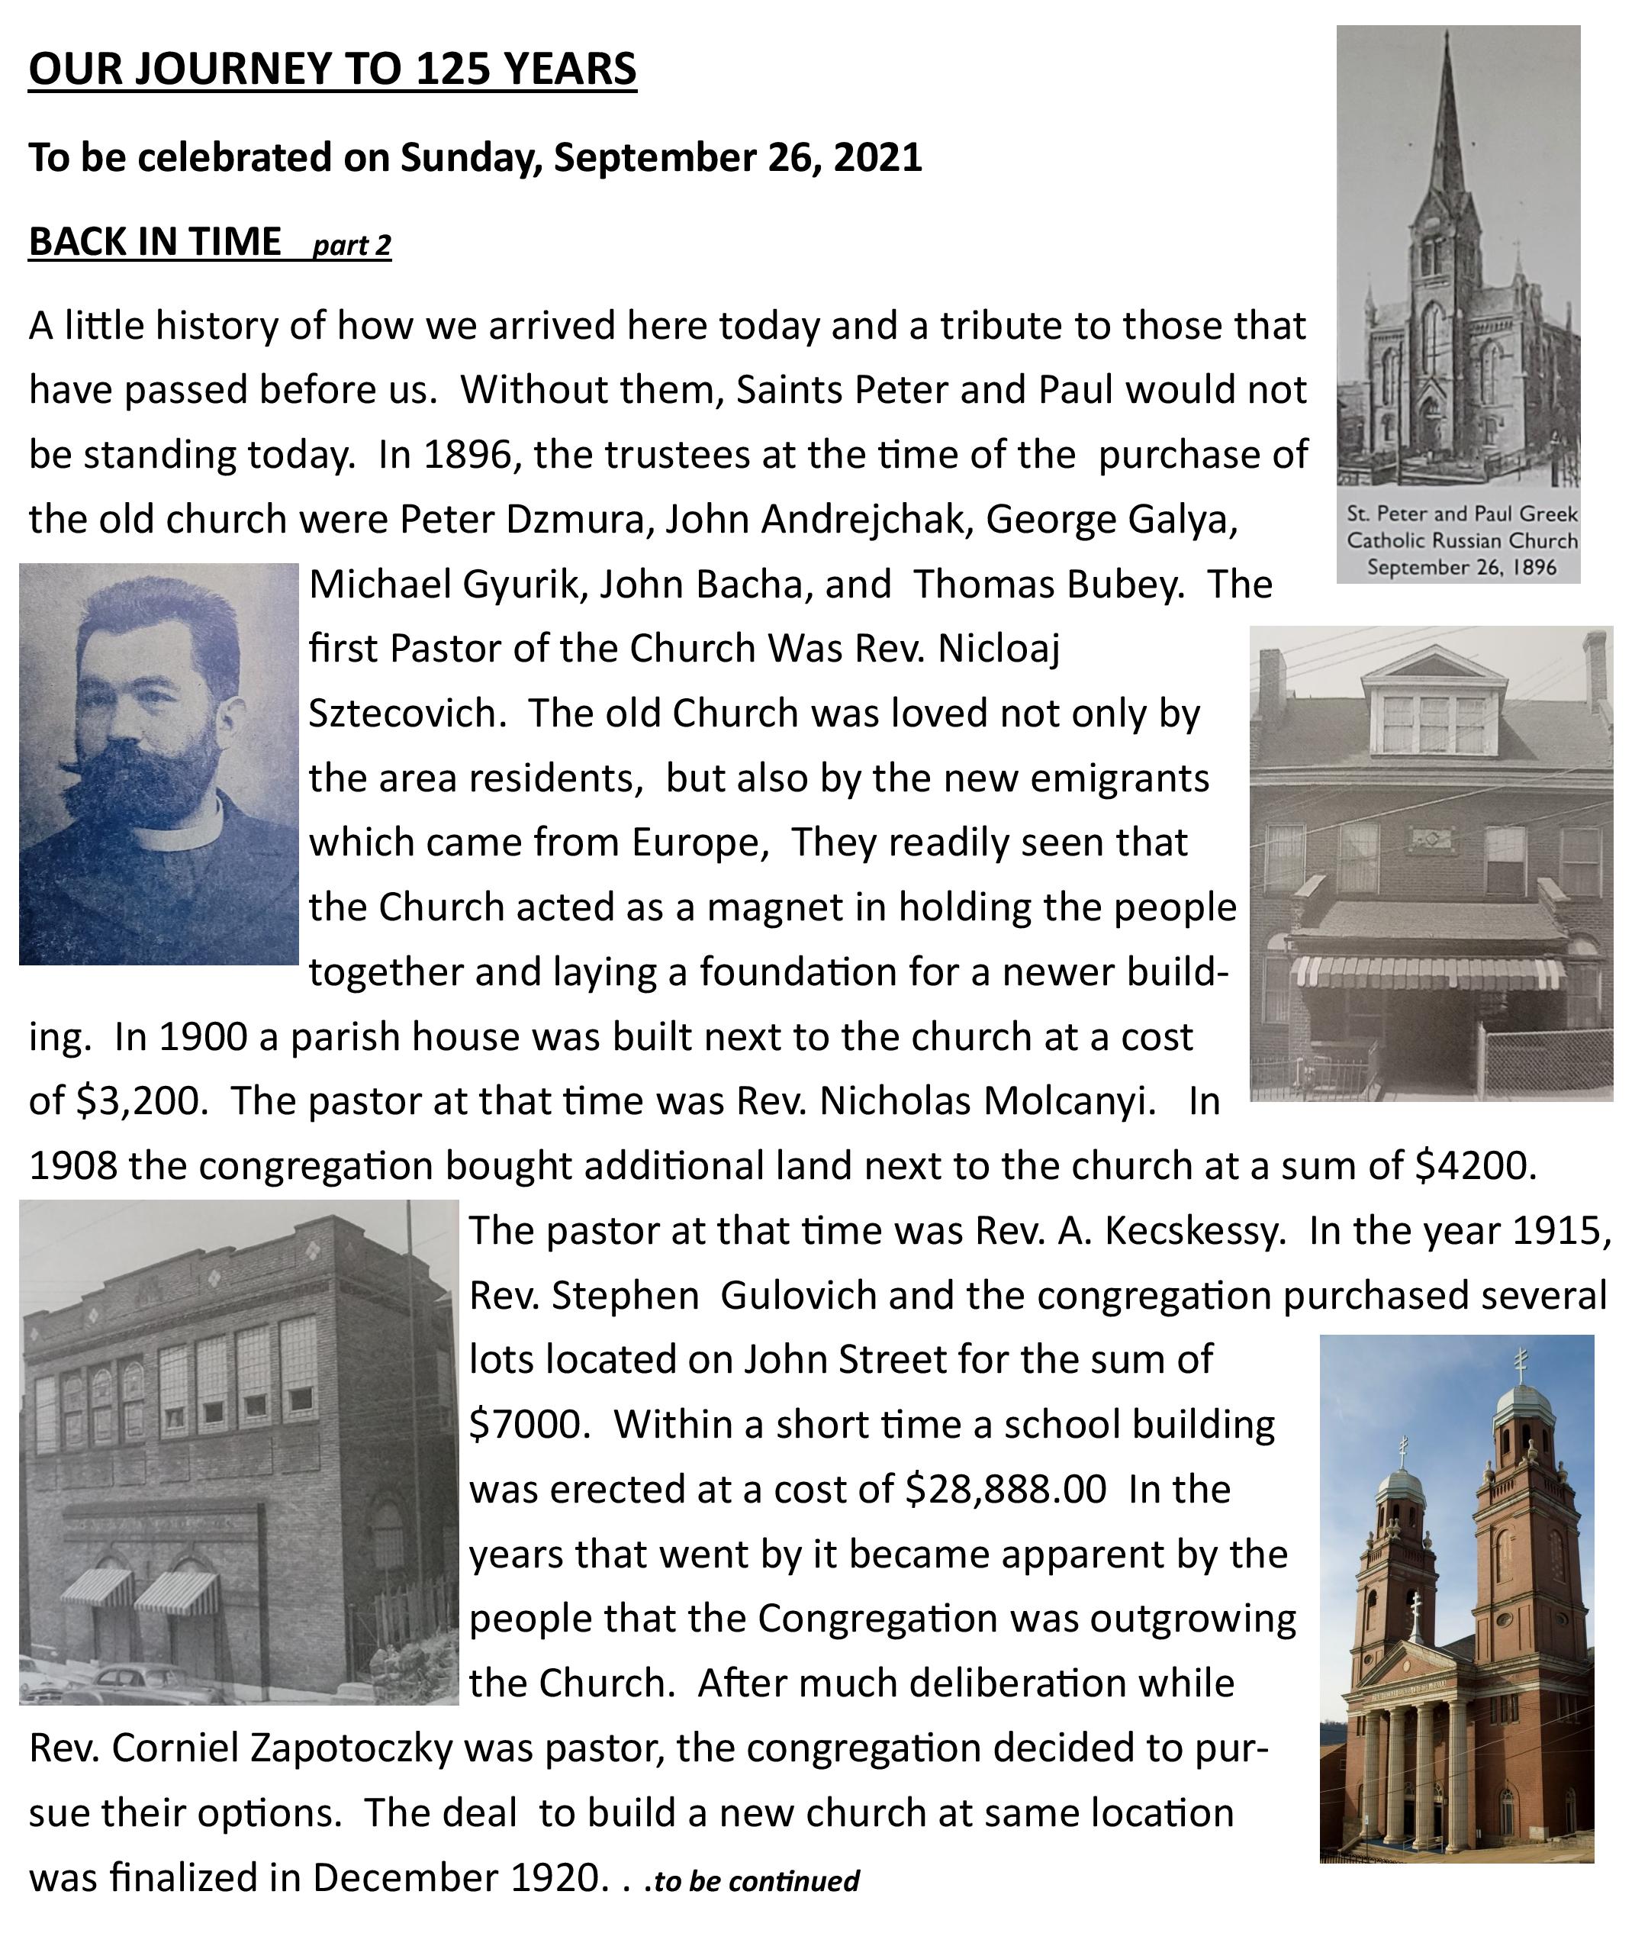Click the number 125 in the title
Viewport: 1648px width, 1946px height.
451,69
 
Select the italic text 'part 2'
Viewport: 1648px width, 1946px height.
351,245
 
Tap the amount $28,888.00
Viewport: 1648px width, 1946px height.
1006,1489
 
